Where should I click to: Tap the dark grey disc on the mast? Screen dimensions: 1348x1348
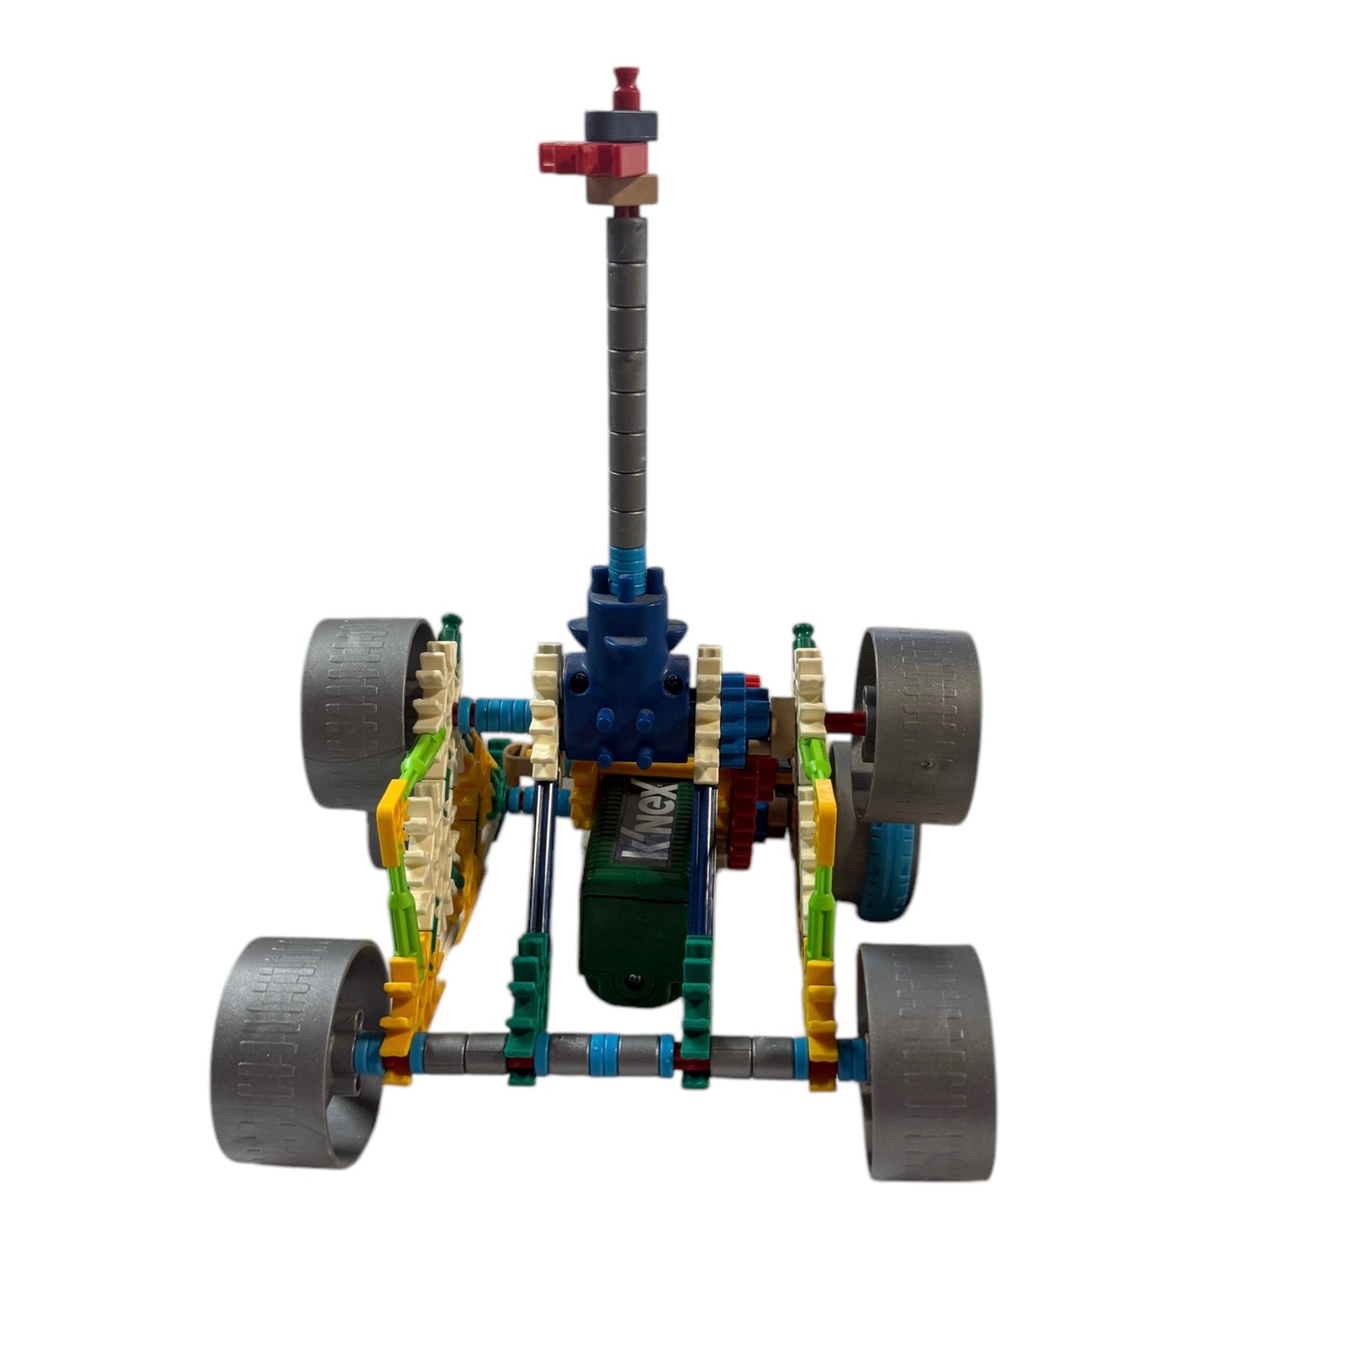[x=621, y=125]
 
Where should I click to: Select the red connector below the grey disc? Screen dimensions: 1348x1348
[x=594, y=157]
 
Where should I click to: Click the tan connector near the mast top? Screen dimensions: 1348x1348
[x=622, y=188]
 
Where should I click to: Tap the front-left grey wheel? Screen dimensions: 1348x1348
[x=298, y=1053]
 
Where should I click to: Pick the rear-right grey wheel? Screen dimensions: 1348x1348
[x=918, y=725]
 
